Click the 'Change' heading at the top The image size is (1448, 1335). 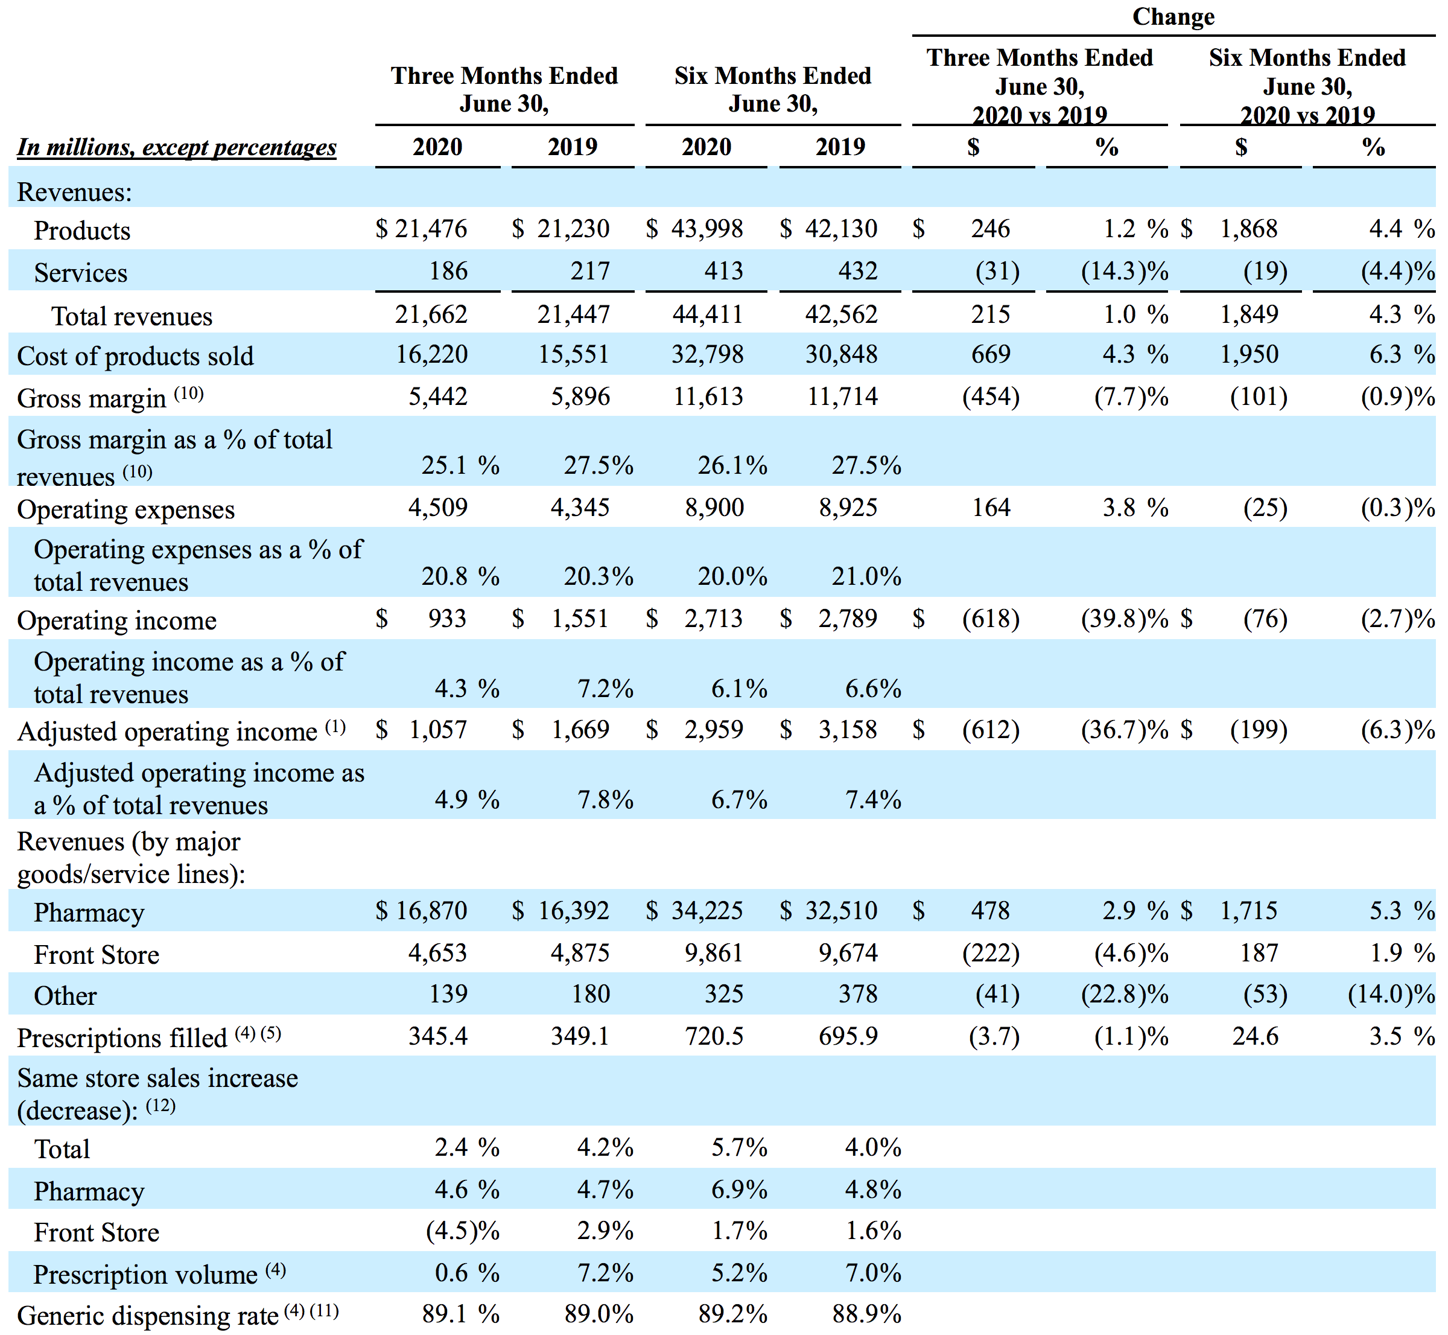coord(1173,17)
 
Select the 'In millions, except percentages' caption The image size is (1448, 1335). coord(177,147)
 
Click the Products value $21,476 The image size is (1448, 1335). coord(422,229)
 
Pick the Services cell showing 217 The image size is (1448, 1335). coord(590,271)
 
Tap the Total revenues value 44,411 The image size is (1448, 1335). coord(708,314)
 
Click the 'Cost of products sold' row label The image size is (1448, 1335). coord(135,356)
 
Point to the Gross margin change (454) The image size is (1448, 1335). coord(991,397)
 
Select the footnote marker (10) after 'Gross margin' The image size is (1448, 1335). coord(188,393)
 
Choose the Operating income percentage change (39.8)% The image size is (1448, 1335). coord(1125,619)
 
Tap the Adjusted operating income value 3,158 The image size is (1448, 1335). coord(848,730)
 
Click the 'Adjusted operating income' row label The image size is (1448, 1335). coord(167,732)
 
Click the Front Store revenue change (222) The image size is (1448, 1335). coord(991,954)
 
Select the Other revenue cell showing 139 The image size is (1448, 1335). coord(448,994)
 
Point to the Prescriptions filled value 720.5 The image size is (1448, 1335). coord(714,1037)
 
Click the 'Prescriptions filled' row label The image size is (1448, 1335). coord(122,1038)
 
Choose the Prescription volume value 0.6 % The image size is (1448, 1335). coord(467,1273)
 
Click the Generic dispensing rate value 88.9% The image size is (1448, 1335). coord(866,1314)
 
